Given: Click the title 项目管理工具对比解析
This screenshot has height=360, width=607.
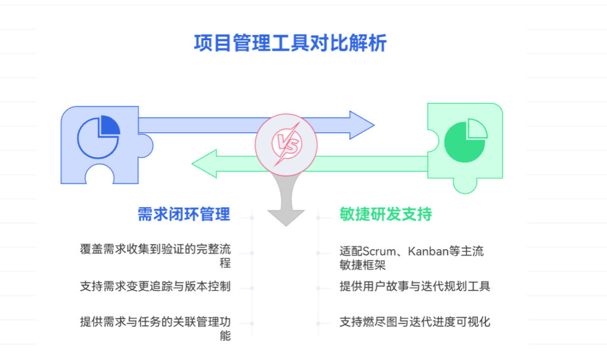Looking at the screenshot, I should (x=290, y=43).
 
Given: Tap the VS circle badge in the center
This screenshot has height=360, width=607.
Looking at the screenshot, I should (x=286, y=143).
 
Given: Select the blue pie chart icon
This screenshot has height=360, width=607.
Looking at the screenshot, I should (x=98, y=138).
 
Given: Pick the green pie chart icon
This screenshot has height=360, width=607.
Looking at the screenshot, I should (x=465, y=141).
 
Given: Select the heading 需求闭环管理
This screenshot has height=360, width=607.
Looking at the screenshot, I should (x=184, y=214).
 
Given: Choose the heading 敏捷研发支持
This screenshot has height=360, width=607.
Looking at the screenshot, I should (x=385, y=214).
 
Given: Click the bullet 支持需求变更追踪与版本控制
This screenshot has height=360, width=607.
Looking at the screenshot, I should (x=155, y=286).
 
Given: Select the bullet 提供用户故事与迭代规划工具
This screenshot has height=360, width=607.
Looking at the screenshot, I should (x=415, y=286).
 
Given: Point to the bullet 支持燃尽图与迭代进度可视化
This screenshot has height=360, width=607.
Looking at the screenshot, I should (x=415, y=322).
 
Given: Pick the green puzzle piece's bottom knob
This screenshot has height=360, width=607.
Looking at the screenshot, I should (x=465, y=186).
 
